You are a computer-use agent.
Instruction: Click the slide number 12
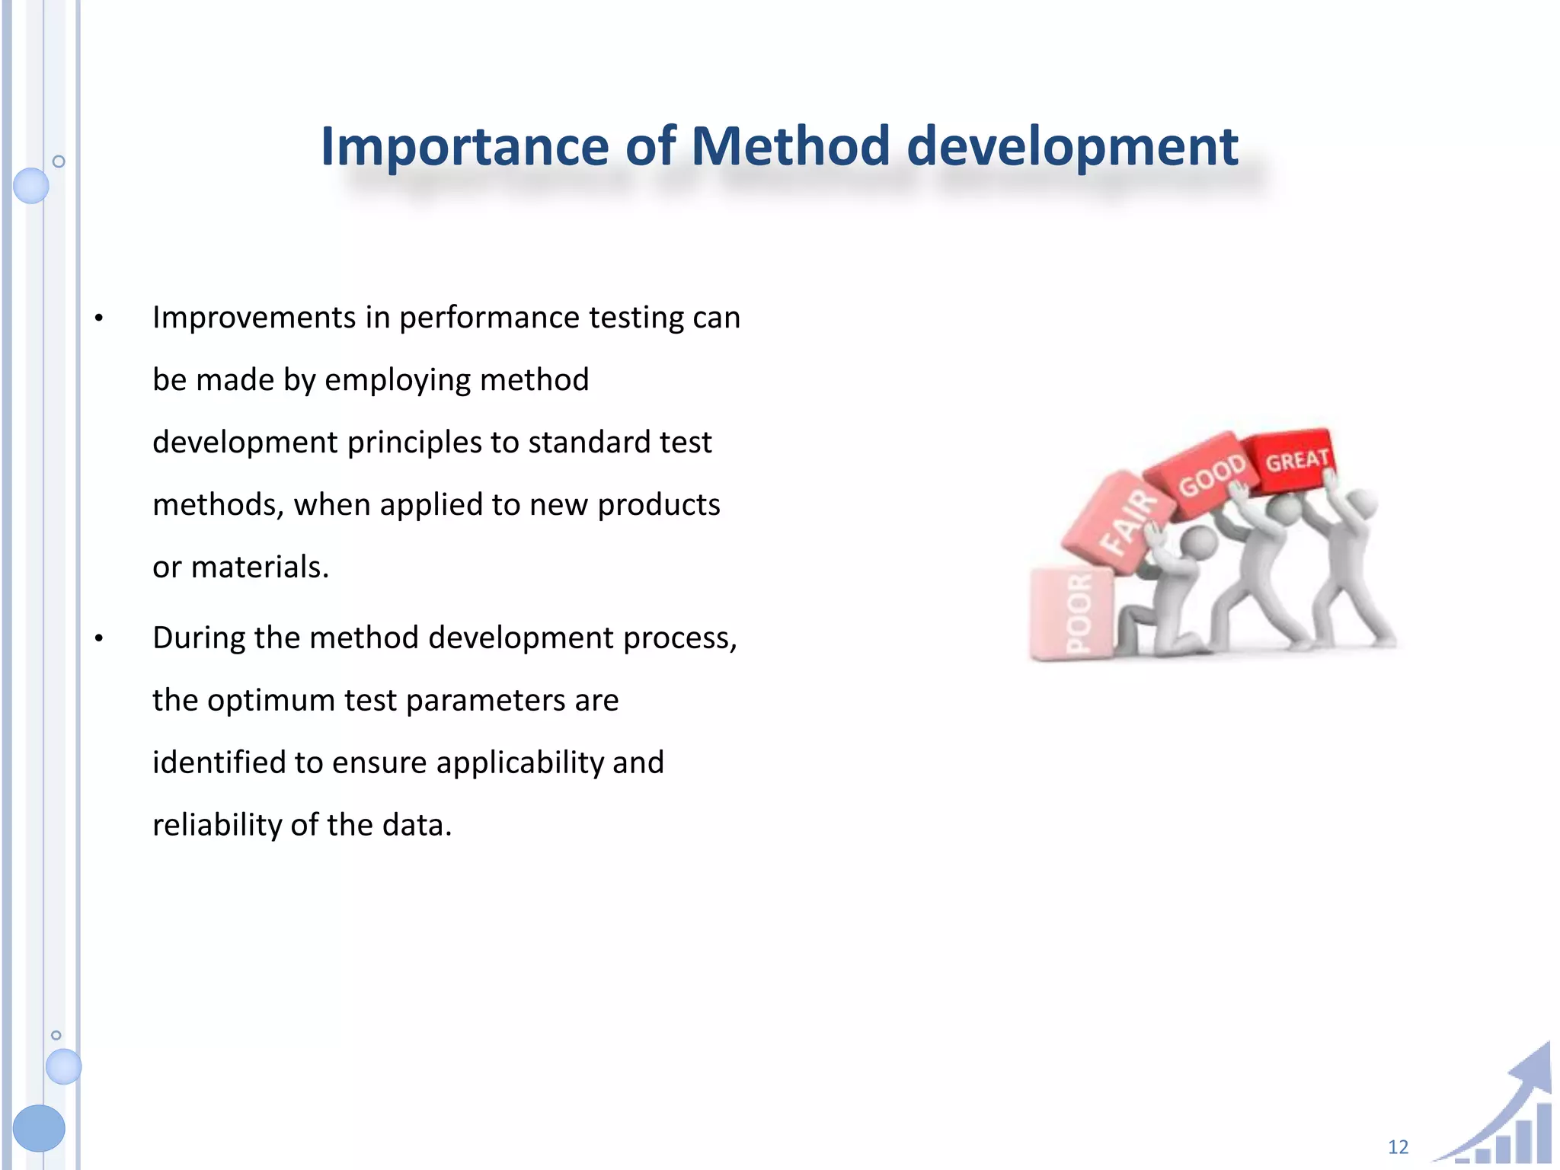tap(1398, 1147)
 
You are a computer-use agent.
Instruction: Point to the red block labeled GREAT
tap(1295, 460)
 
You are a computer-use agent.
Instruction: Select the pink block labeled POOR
tap(1075, 614)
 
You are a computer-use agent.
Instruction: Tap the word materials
tap(259, 567)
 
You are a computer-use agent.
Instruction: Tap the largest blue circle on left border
tap(39, 1127)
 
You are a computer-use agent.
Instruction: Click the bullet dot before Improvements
tap(98, 318)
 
